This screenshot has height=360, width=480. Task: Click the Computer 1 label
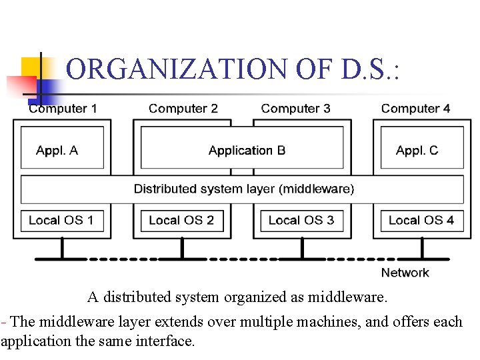(x=63, y=109)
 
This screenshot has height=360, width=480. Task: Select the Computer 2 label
(x=183, y=109)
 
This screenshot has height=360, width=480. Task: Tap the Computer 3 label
(x=295, y=109)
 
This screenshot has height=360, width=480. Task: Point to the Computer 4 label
(x=415, y=109)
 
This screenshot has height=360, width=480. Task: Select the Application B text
(x=247, y=151)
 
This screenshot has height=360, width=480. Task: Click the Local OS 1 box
(x=62, y=221)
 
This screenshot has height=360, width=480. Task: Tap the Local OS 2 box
(x=182, y=221)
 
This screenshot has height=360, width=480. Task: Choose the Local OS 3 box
(x=301, y=221)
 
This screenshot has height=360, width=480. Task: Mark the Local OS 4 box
(x=421, y=221)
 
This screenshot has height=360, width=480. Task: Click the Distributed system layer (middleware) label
(x=244, y=189)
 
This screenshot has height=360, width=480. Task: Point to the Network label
(x=405, y=273)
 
